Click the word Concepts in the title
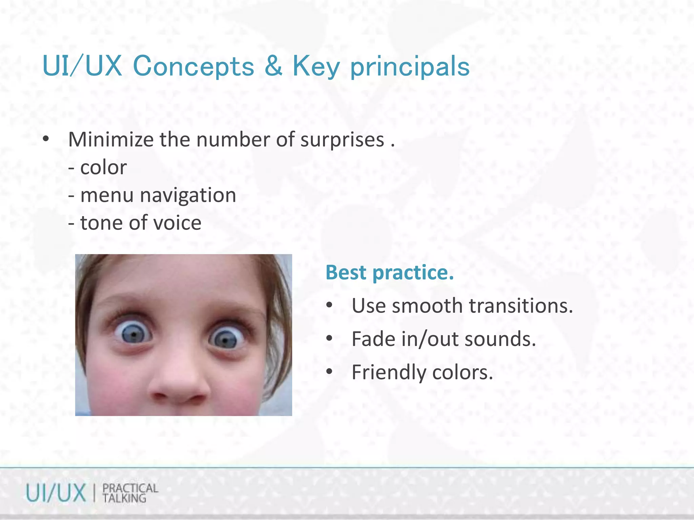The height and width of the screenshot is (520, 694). (x=193, y=66)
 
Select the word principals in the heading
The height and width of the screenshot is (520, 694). (x=410, y=67)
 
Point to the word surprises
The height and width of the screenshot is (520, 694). (x=342, y=140)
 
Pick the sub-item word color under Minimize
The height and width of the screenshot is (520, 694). (x=103, y=168)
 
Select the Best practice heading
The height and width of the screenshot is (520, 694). (x=389, y=273)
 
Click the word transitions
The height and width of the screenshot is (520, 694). (x=521, y=306)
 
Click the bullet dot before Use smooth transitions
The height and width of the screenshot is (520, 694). (x=329, y=306)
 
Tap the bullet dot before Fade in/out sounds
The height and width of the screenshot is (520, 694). (x=329, y=339)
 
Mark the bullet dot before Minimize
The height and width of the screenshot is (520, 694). (x=46, y=139)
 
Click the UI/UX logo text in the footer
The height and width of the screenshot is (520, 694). (x=56, y=493)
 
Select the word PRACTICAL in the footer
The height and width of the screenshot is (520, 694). (x=130, y=488)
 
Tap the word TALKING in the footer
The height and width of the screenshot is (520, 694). (x=124, y=498)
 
